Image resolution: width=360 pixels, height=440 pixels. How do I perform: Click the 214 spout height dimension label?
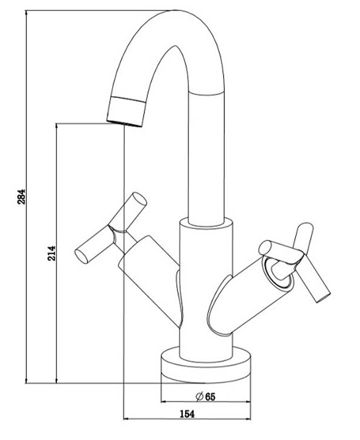pos(51,253)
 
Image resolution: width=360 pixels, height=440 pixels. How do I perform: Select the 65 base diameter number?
pos(210,397)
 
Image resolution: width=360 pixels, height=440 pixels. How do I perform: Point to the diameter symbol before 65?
pos(200,397)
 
